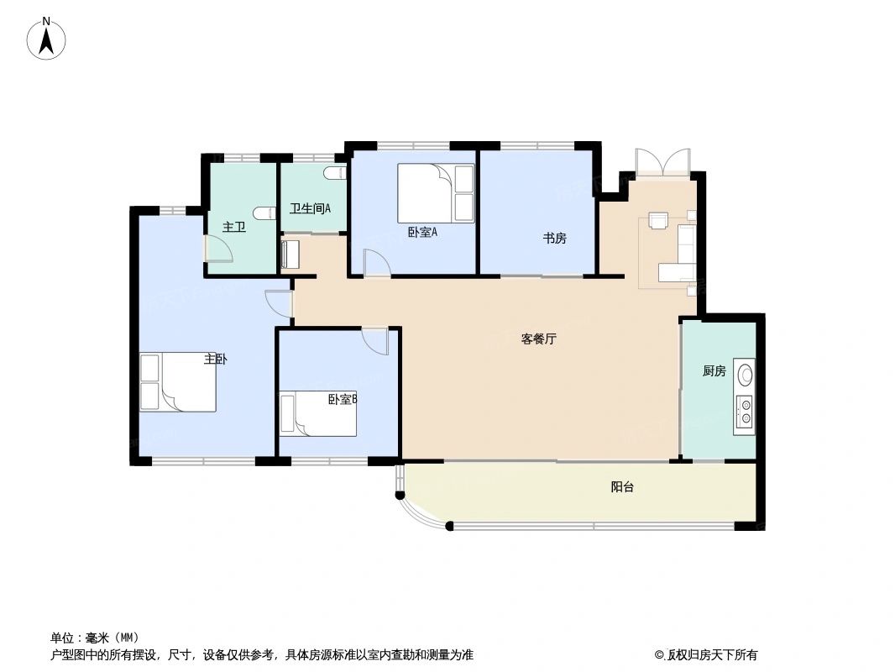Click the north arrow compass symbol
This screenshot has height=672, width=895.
pyautogui.click(x=47, y=39)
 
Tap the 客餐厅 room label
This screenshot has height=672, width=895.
pyautogui.click(x=539, y=339)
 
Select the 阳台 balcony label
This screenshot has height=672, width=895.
pyautogui.click(x=622, y=486)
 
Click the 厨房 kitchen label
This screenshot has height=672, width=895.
pyautogui.click(x=714, y=371)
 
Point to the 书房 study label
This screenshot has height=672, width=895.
pyautogui.click(x=554, y=239)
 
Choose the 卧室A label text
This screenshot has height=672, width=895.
pyautogui.click(x=422, y=233)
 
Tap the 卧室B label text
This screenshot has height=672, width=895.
pyautogui.click(x=343, y=400)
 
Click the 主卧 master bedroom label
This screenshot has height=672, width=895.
pyautogui.click(x=215, y=360)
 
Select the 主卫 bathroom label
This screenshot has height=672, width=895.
pyautogui.click(x=233, y=227)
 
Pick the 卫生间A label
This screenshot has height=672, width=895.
pyautogui.click(x=310, y=208)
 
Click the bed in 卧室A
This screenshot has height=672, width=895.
pyautogui.click(x=435, y=193)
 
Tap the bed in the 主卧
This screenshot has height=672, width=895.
pyautogui.click(x=178, y=382)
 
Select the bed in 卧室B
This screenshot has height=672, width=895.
pyautogui.click(x=318, y=414)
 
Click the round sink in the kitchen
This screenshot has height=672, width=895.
pyautogui.click(x=745, y=373)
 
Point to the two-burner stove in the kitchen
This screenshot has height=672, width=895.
pyautogui.click(x=745, y=409)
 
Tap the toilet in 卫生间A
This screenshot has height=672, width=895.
pyautogui.click(x=335, y=173)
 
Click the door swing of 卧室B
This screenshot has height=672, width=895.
pyautogui.click(x=375, y=341)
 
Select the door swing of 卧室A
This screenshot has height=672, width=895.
pyautogui.click(x=376, y=262)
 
